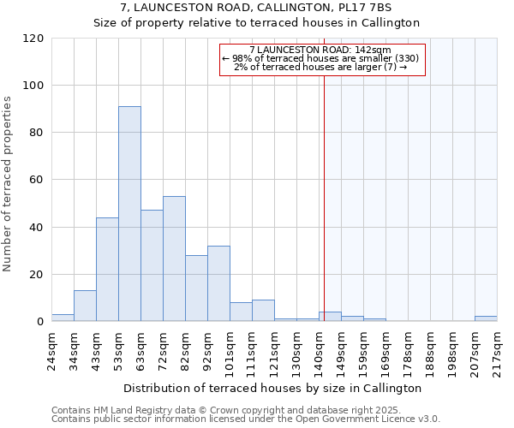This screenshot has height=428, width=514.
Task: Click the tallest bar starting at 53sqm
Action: [x=129, y=214]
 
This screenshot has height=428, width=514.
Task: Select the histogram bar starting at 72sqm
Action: [x=174, y=259]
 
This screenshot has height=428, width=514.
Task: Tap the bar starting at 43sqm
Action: [x=107, y=270]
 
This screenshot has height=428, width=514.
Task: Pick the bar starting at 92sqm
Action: [x=218, y=283]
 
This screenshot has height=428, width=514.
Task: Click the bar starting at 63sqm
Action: [x=152, y=265]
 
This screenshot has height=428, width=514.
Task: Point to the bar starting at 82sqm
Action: [x=196, y=288]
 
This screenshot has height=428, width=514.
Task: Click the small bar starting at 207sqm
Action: [x=486, y=318]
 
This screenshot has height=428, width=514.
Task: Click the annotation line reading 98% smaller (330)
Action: [x=320, y=58]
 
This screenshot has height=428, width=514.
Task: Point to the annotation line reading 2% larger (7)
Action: [x=320, y=67]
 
